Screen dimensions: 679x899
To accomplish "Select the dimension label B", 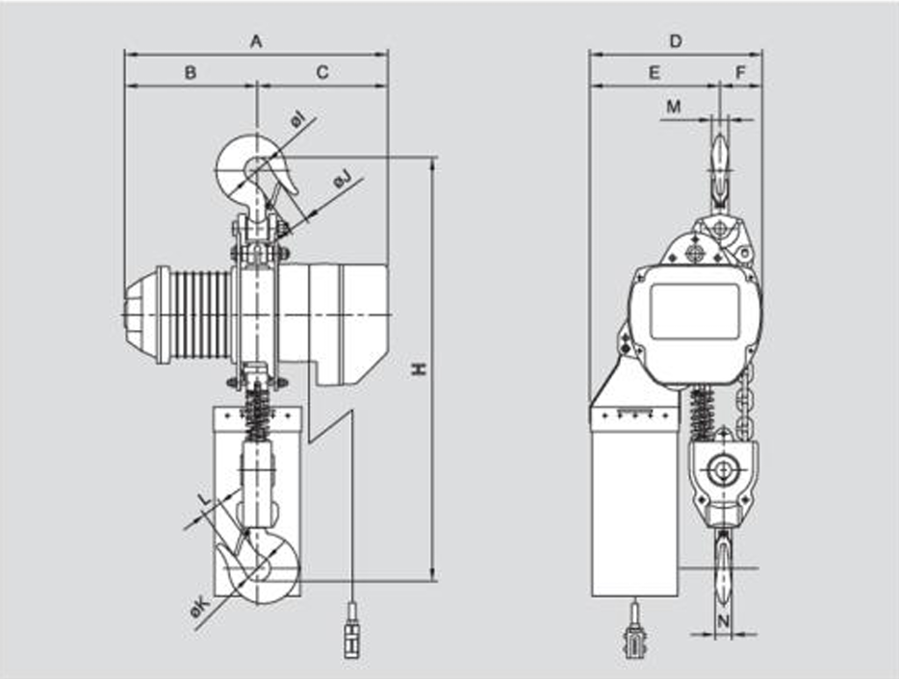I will [191, 72].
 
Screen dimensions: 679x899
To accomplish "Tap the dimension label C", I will [322, 72].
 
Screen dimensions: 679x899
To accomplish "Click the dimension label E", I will [654, 72].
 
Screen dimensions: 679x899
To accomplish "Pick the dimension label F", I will [740, 72].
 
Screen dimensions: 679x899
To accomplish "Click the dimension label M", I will [674, 107].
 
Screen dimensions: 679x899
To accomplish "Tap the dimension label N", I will [723, 621].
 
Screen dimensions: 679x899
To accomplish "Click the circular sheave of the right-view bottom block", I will [719, 470].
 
